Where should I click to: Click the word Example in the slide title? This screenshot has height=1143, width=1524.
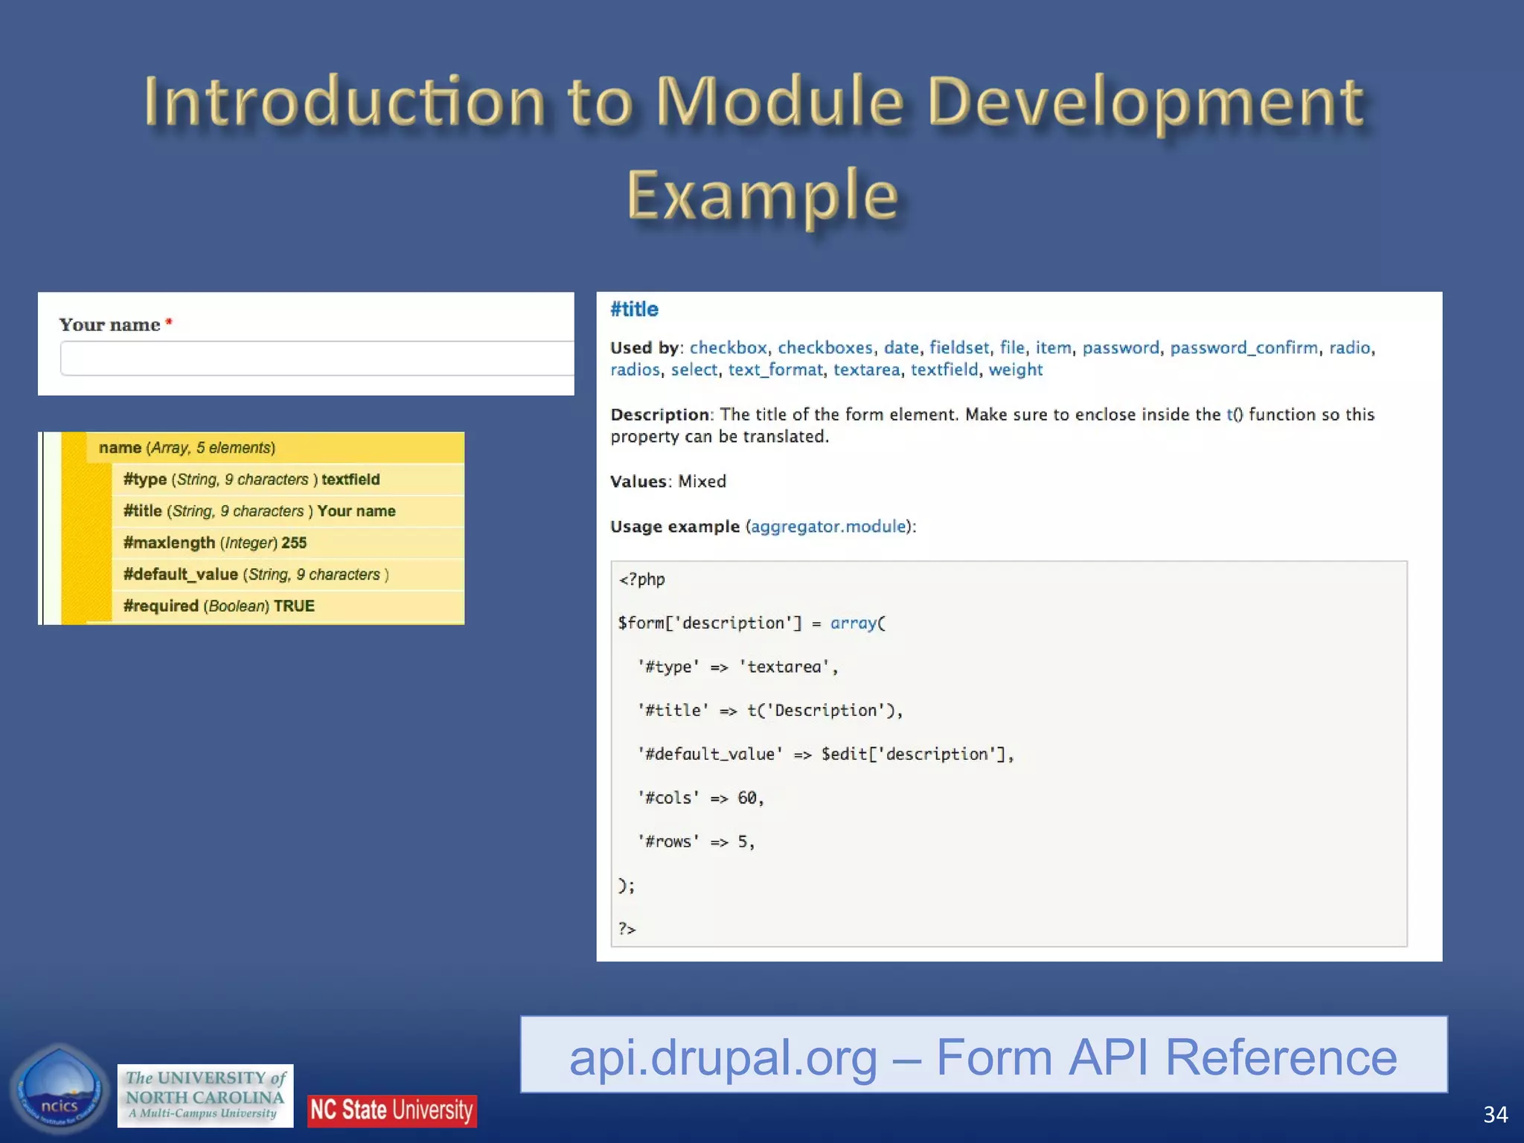coord(762,195)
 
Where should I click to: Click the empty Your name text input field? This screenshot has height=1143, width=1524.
coord(316,359)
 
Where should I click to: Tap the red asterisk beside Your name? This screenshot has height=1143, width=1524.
coord(169,322)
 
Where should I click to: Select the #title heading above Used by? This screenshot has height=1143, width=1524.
coord(634,310)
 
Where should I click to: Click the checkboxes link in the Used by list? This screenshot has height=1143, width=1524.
coord(825,348)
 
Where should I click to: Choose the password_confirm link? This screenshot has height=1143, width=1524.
coord(1243,348)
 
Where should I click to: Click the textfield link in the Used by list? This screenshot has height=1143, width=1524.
coord(944,370)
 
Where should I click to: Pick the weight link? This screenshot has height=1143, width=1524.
coord(1015,370)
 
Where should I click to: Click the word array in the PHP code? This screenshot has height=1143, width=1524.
coord(853,623)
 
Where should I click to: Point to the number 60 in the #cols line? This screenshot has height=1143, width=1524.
coord(746,798)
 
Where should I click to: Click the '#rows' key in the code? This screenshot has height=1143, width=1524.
coord(668,842)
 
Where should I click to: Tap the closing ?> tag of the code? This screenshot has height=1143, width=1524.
coord(627,929)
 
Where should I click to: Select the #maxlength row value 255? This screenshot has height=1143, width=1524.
coord(294,543)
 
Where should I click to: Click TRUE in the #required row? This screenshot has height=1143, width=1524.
coord(294,606)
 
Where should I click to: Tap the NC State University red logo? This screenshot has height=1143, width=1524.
coord(391,1110)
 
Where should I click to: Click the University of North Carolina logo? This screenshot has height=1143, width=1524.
coord(205,1095)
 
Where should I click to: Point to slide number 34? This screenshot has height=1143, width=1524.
coord(1495,1114)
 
